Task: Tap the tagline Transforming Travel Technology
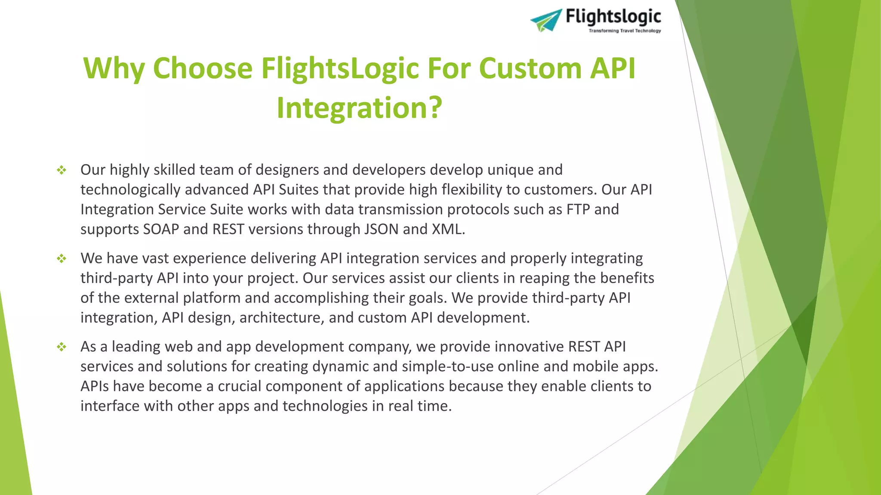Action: [x=625, y=31]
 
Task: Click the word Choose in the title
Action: [x=203, y=68]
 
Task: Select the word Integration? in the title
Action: [x=359, y=107]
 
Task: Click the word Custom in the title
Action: [x=530, y=68]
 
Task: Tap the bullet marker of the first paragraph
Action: [x=62, y=170]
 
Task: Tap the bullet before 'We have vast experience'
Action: [x=62, y=259]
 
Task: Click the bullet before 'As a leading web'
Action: [x=62, y=347]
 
